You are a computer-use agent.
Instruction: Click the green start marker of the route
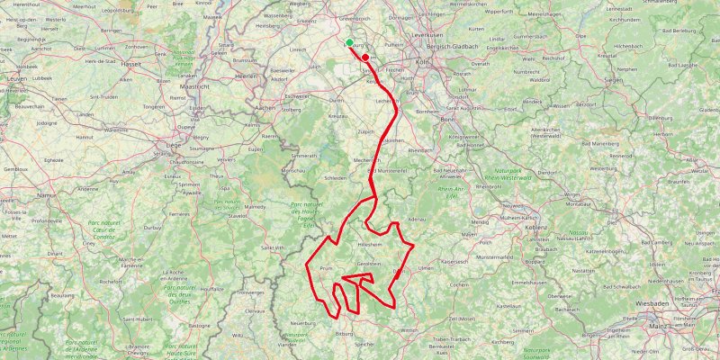click(x=349, y=41)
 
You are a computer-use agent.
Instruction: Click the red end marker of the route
click(x=365, y=57)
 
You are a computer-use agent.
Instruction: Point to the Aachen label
click(x=265, y=107)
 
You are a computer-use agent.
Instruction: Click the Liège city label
click(x=173, y=144)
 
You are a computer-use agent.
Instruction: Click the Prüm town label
click(x=326, y=268)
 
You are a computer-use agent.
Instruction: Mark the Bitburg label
click(x=344, y=334)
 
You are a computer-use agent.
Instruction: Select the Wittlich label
click(x=409, y=330)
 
